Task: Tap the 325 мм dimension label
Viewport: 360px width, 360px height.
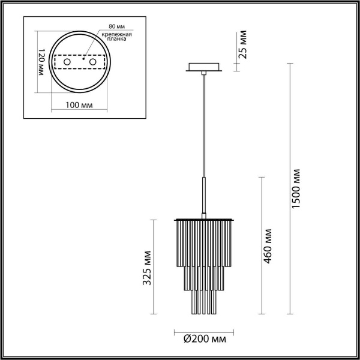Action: [x=145, y=268]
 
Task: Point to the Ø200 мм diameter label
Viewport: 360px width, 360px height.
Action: [x=204, y=340]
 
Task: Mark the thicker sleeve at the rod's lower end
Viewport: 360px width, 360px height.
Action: [x=204, y=195]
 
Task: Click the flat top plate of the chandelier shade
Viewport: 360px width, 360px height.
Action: [x=204, y=218]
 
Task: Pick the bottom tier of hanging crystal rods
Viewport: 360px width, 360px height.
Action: [x=204, y=303]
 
